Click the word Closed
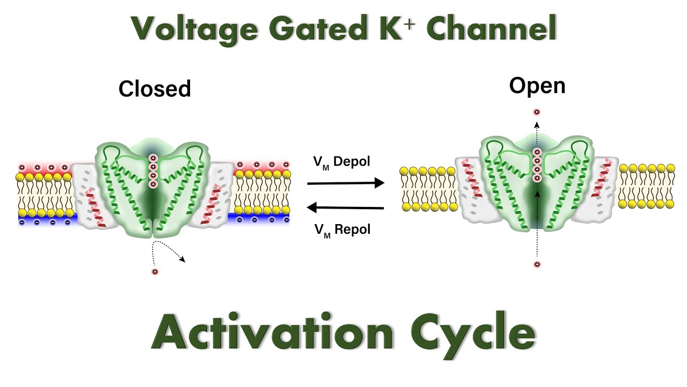tap(155, 89)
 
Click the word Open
tap(537, 85)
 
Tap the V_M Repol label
tap(342, 230)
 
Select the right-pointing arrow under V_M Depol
tap(346, 183)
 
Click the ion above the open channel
tap(537, 112)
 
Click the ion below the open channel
tap(537, 264)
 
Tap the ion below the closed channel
tap(155, 271)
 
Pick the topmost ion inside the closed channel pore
tap(153, 158)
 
